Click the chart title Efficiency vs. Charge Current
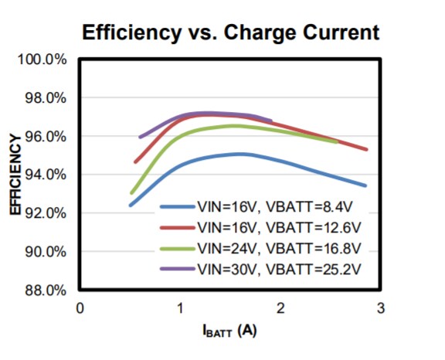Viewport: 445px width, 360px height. click(231, 32)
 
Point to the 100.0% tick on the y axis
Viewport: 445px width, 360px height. click(48, 60)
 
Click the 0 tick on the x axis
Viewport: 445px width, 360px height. click(80, 307)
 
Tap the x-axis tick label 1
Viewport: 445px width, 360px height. click(180, 307)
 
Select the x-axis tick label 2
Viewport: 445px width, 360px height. click(280, 307)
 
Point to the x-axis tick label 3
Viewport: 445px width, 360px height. click(379, 307)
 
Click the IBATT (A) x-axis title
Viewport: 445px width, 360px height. click(229, 331)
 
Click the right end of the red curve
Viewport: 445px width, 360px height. click(365, 149)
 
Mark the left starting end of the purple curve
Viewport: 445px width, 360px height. click(141, 137)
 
